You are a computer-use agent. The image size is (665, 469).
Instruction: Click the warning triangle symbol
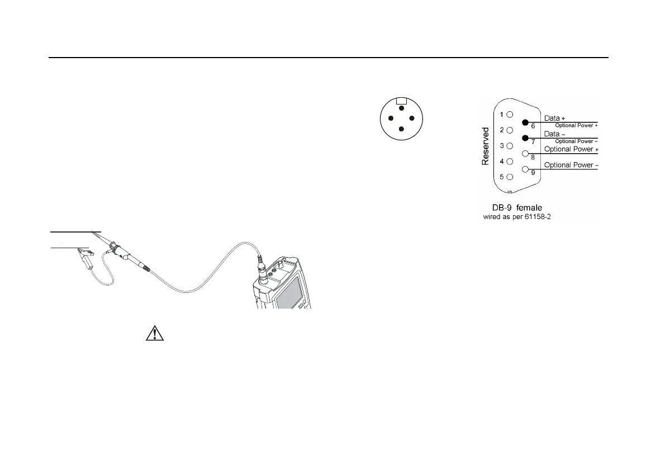click(152, 334)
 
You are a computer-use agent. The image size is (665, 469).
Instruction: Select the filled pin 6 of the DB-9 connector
click(526, 122)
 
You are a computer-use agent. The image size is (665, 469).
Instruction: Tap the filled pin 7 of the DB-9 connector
click(526, 138)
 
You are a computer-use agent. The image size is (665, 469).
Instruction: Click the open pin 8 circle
click(526, 154)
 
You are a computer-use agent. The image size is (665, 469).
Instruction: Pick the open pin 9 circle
click(526, 169)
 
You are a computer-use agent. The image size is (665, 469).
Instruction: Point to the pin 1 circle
click(510, 115)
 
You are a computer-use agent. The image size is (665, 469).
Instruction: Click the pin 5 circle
click(510, 177)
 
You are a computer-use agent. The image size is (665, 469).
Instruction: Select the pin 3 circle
click(510, 146)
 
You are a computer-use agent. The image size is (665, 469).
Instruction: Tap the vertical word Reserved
click(486, 146)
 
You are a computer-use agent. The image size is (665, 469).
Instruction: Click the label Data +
click(554, 118)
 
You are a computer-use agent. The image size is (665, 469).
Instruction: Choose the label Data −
click(554, 134)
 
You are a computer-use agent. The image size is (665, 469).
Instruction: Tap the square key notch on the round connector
click(401, 101)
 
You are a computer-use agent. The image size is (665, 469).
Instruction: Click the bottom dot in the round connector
click(401, 129)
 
